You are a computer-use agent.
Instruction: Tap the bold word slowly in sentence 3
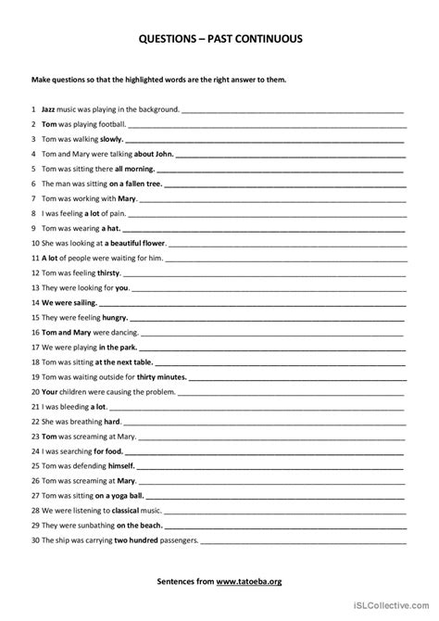[x=111, y=139]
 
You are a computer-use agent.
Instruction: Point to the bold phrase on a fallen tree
[x=138, y=184]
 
